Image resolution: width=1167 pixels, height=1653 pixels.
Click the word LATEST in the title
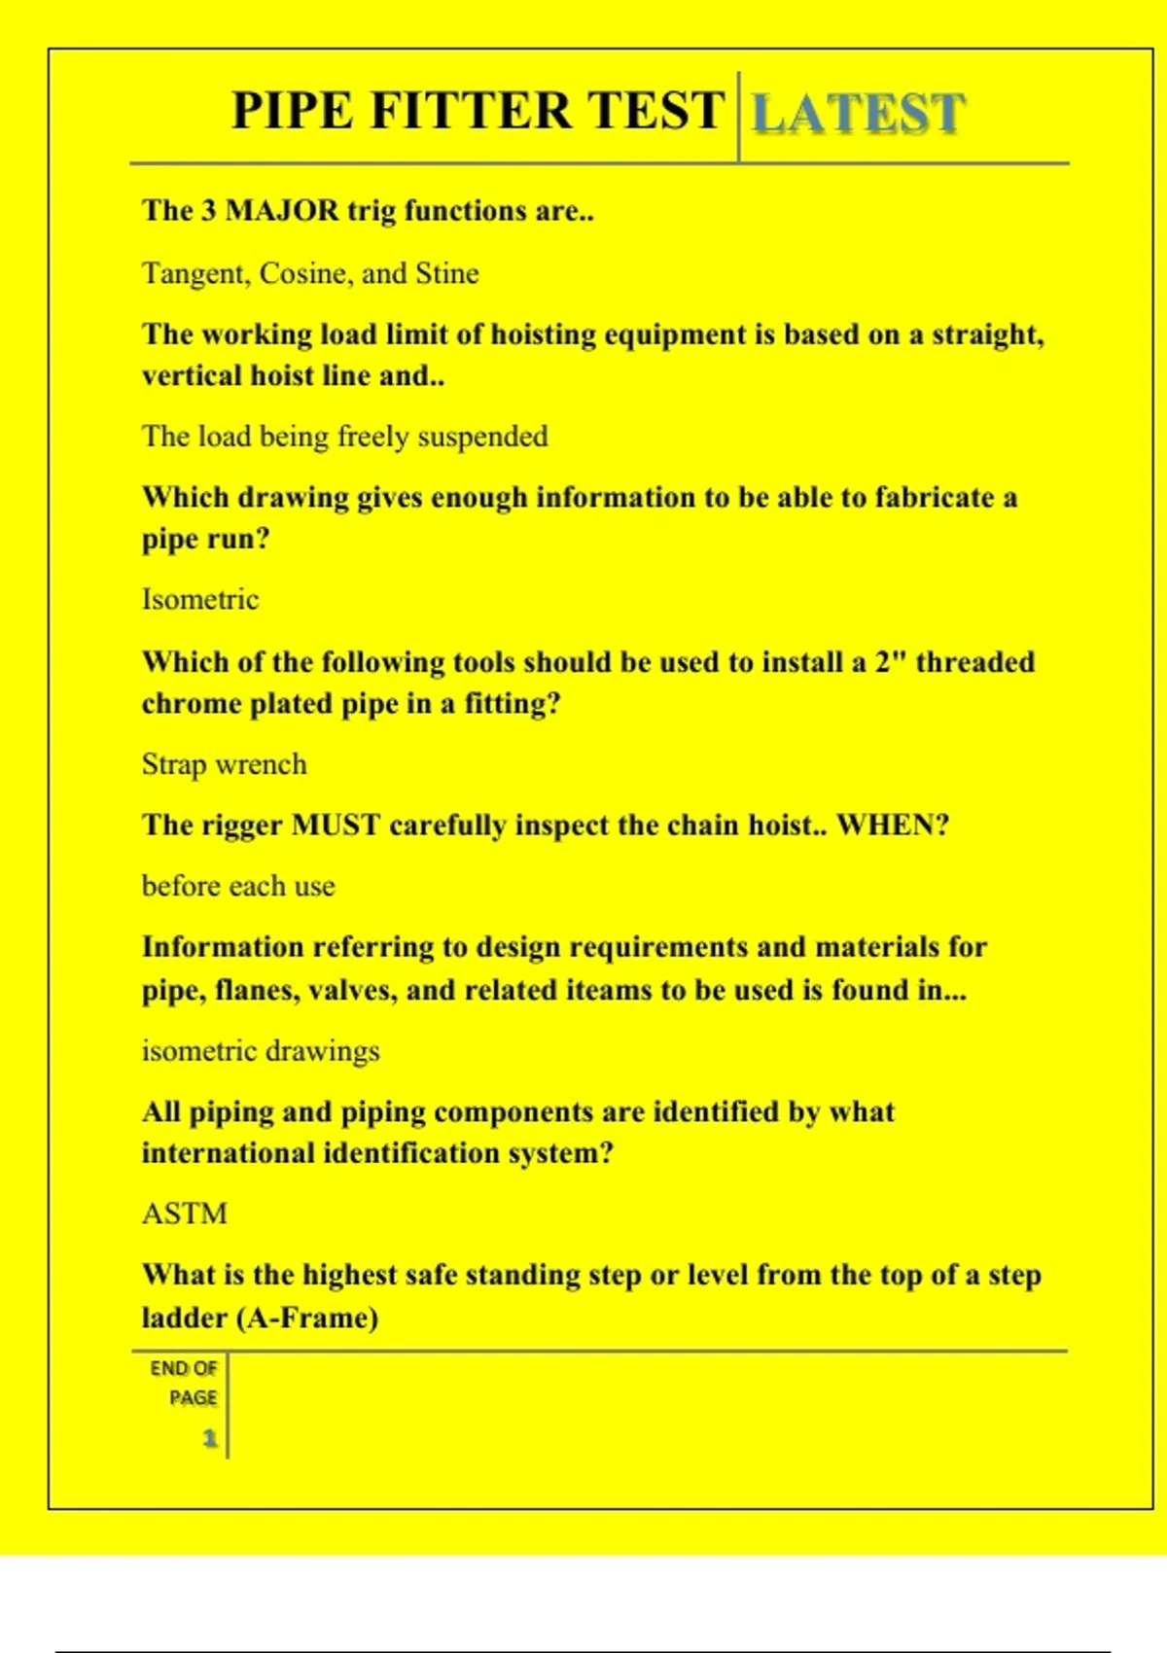859,113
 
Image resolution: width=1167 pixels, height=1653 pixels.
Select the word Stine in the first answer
447,273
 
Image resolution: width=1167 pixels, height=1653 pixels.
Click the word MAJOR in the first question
282,211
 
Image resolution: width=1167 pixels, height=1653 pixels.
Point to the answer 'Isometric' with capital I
200,599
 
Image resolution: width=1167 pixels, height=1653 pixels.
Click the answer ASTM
185,1213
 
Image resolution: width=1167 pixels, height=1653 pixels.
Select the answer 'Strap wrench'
225,764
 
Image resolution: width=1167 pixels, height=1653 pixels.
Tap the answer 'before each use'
238,886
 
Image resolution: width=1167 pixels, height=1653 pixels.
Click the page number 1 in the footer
209,1438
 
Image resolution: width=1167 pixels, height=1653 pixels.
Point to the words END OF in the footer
184,1368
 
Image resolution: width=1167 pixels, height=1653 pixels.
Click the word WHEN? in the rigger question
893,826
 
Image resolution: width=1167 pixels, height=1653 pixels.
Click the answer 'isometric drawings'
261,1051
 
